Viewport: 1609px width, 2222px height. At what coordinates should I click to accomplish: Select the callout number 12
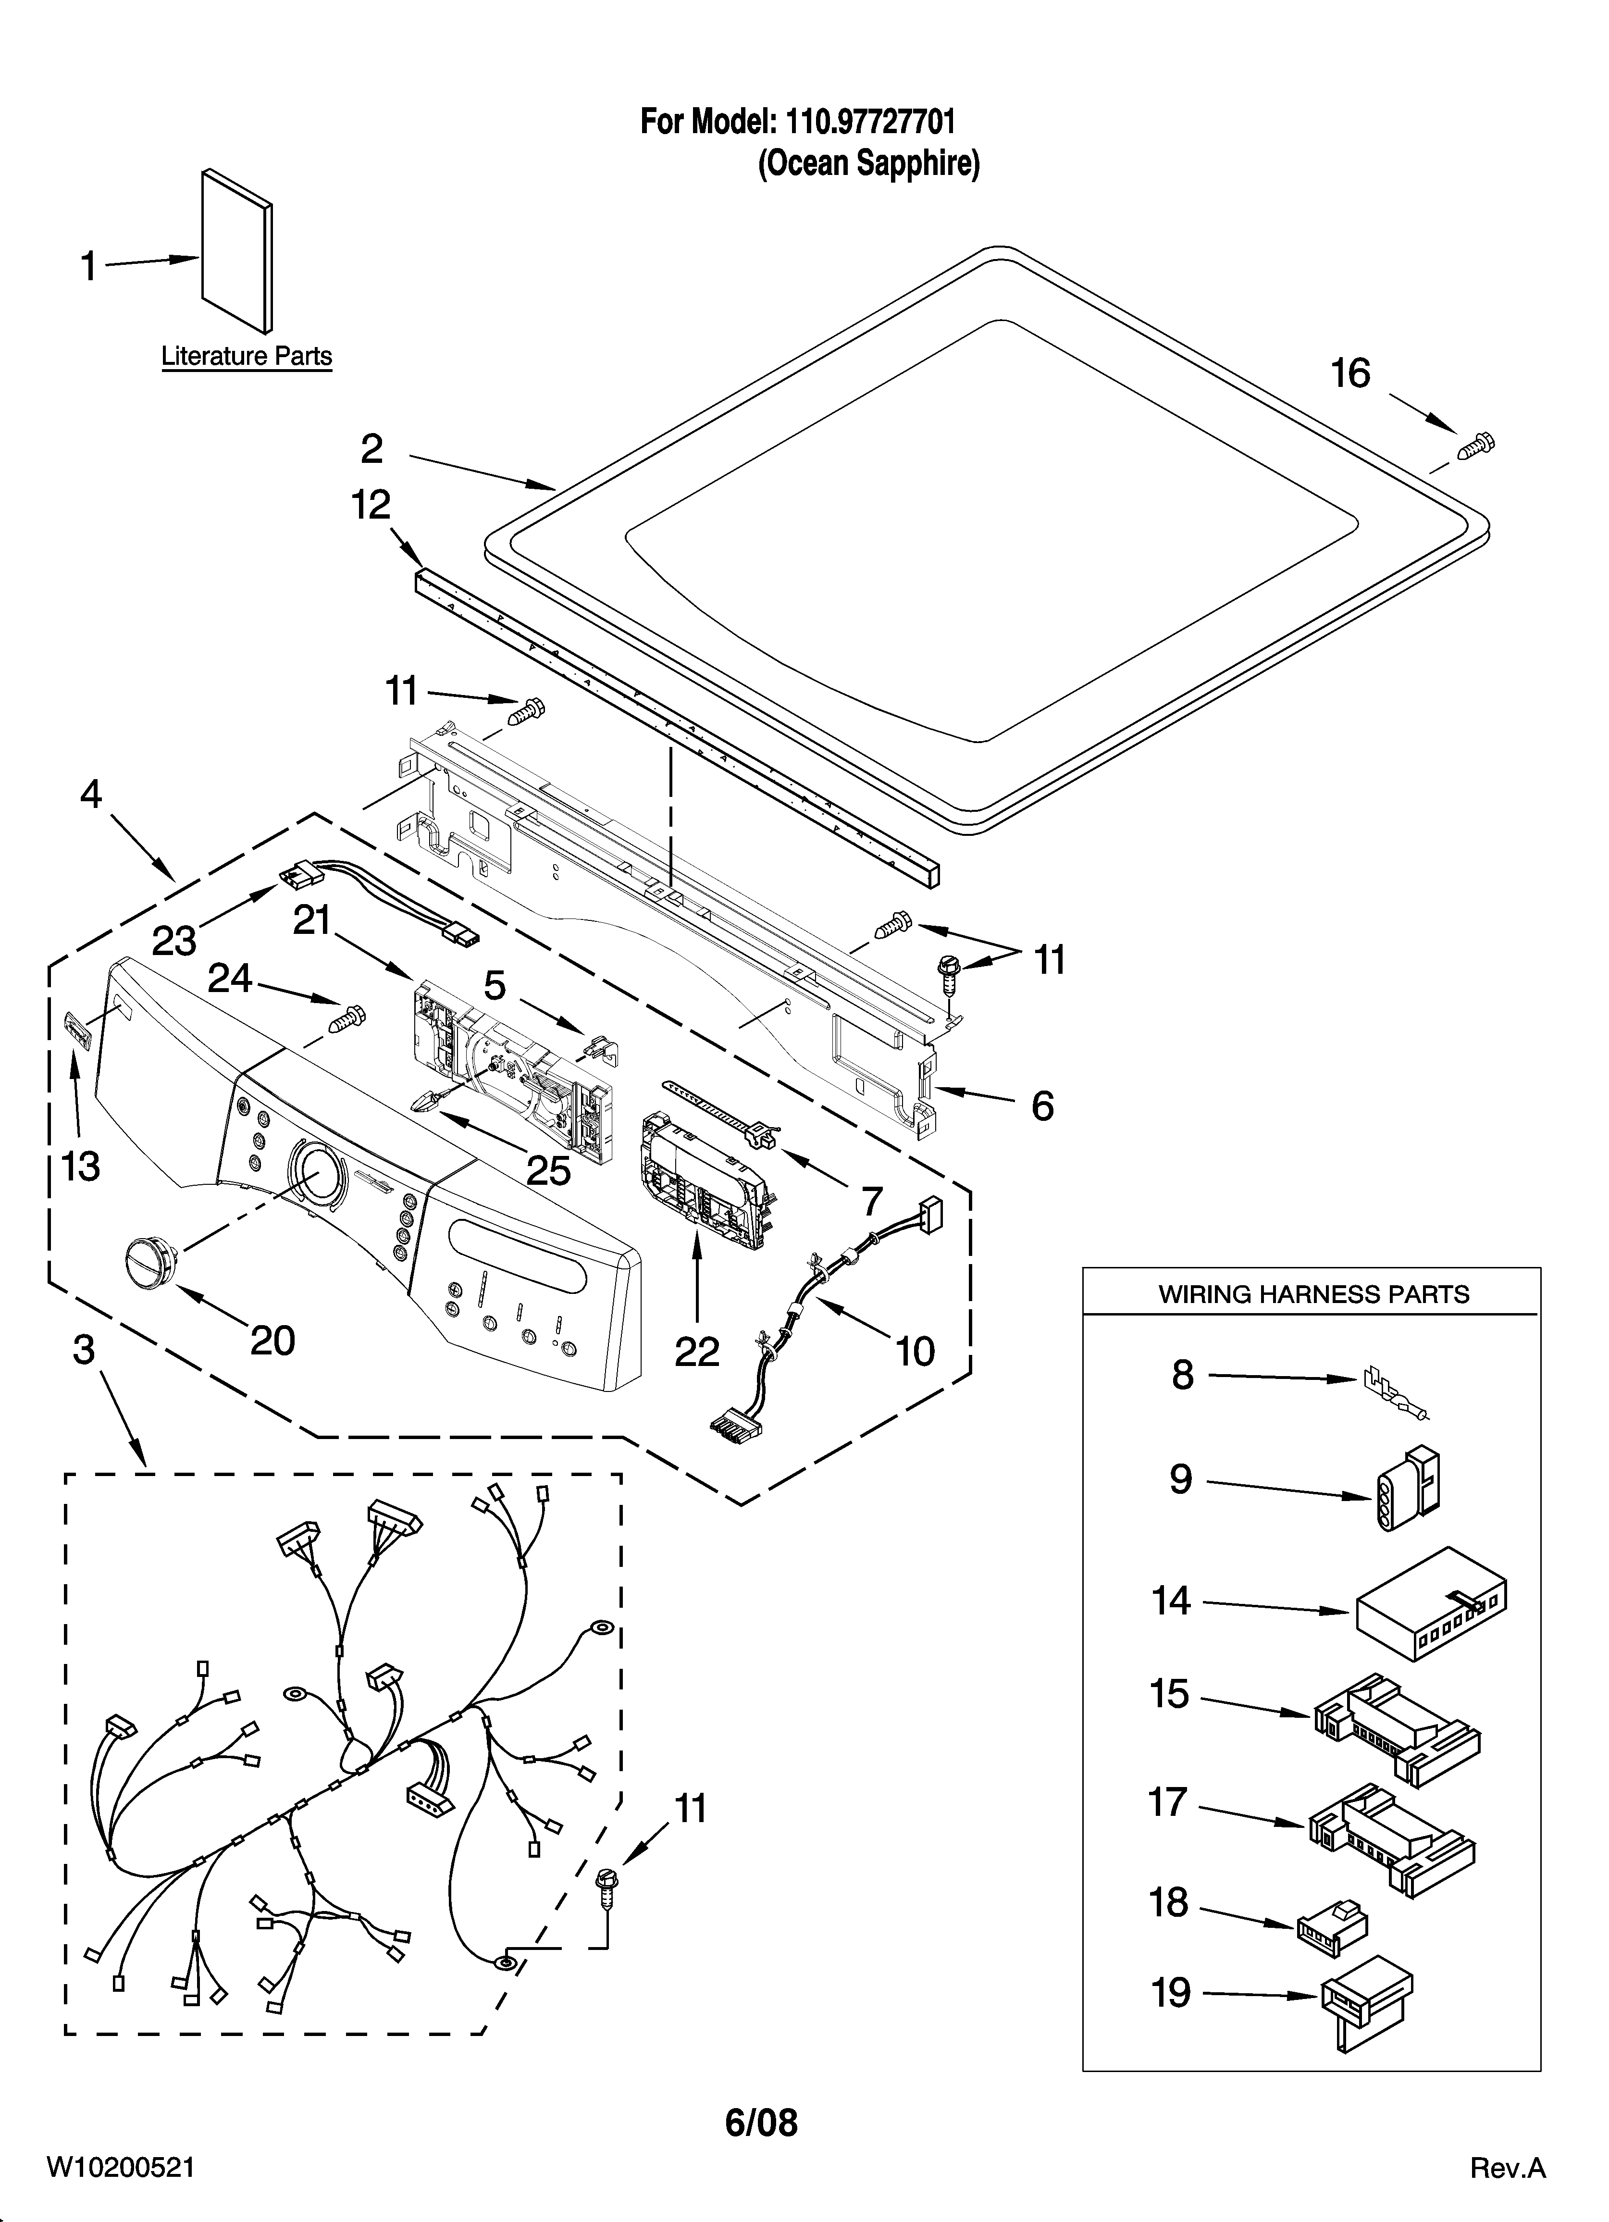[371, 506]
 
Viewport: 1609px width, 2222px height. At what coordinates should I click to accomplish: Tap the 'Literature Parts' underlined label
[246, 357]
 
